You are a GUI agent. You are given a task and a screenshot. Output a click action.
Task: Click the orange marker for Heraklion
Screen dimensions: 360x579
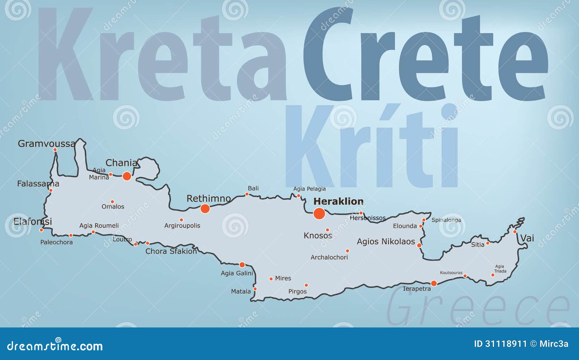[x=319, y=213]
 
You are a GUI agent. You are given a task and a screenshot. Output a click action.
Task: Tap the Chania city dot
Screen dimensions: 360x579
[x=127, y=176]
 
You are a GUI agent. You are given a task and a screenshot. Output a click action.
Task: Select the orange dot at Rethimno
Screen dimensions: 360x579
[x=205, y=208]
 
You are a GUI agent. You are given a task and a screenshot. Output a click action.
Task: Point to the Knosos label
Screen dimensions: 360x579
[x=318, y=236]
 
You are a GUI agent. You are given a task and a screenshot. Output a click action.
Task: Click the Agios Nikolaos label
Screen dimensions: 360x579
[x=386, y=241]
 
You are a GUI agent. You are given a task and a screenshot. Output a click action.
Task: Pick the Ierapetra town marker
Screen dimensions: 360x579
[x=434, y=283]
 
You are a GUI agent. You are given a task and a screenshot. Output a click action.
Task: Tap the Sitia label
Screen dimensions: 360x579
[x=478, y=245]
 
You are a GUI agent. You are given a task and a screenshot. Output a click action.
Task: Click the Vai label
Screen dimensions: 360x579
[x=527, y=238]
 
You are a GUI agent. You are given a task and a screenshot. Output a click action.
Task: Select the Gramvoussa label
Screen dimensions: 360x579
[x=47, y=144]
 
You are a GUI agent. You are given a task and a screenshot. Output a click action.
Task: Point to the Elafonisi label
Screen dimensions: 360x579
[x=33, y=221]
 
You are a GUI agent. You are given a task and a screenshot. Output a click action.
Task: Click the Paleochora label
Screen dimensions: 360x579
[x=56, y=242]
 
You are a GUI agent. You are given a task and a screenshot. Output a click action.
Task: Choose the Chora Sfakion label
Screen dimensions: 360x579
[x=171, y=251]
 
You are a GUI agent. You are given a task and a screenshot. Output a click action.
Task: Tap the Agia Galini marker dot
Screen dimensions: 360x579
[x=242, y=265]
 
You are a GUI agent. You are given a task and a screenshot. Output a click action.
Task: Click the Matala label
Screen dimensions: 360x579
[x=241, y=291]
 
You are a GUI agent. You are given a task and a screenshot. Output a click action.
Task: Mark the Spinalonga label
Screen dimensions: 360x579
[x=446, y=220]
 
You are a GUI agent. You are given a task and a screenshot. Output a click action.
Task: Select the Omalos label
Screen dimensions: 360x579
[x=113, y=207]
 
